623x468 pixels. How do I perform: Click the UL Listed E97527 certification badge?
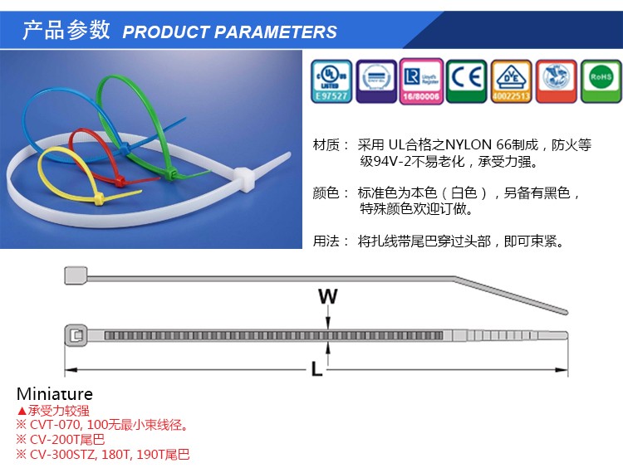point(331,81)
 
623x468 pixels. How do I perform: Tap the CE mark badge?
point(467,81)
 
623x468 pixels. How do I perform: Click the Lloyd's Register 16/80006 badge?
point(420,81)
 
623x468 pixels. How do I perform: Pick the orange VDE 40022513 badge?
point(511,81)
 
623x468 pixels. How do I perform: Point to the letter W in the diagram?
point(329,295)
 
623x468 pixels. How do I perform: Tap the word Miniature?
point(55,394)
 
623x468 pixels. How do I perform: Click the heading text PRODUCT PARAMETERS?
point(229,32)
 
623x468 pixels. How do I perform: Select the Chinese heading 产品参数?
point(66,31)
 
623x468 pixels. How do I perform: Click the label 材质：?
point(331,145)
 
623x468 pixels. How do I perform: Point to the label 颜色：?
point(331,193)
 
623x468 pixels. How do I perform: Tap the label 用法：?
point(331,242)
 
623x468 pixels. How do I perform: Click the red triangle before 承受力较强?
point(22,410)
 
